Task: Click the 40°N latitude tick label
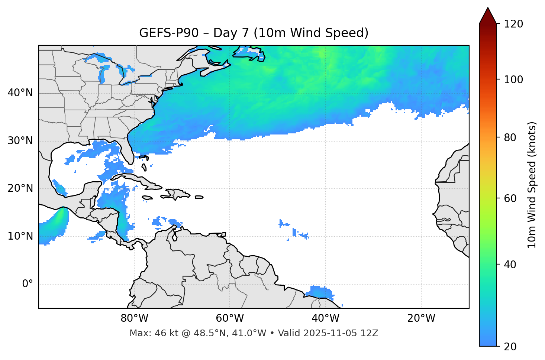click(x=20, y=93)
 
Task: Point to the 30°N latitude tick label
click(x=20, y=141)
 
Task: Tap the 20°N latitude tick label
click(x=20, y=188)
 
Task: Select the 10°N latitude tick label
click(x=20, y=236)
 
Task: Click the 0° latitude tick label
click(x=28, y=284)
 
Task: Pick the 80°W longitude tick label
click(x=134, y=318)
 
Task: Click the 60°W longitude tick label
click(x=230, y=318)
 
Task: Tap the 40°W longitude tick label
click(x=325, y=318)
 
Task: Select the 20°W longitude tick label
click(x=421, y=318)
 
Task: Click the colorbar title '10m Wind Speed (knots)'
click(x=532, y=185)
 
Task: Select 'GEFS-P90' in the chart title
click(x=164, y=33)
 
